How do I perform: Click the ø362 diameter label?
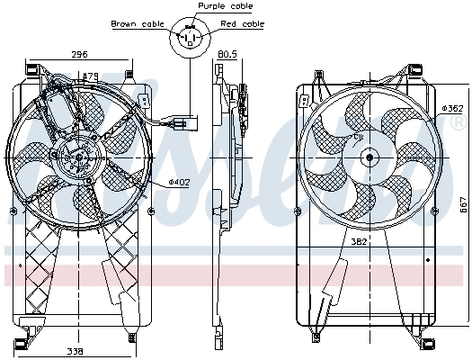tap(451, 109)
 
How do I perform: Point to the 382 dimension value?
tap(360, 241)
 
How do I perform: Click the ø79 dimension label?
tap(89, 77)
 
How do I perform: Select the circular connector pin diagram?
tap(190, 38)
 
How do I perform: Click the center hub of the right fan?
tap(368, 157)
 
